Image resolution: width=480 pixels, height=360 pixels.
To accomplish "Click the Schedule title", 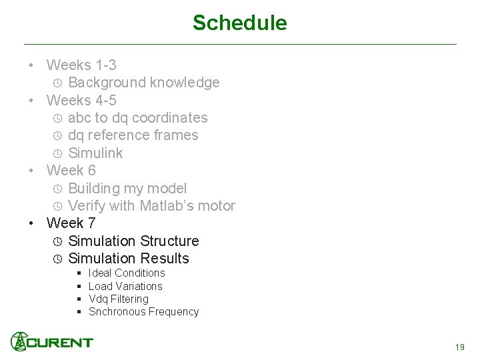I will click(x=239, y=23).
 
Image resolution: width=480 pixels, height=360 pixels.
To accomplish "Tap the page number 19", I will click(x=459, y=347).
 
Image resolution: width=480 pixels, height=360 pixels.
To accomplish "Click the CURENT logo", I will click(x=52, y=342).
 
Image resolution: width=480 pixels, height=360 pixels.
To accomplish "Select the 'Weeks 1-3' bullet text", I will click(x=81, y=65).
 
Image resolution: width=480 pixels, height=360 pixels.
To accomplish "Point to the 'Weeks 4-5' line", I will click(x=81, y=101).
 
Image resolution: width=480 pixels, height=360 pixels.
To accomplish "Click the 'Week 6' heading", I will click(x=71, y=171).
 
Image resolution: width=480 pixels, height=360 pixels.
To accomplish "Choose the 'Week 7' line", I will click(x=71, y=223).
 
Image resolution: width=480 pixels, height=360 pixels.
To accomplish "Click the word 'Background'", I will click(x=107, y=83).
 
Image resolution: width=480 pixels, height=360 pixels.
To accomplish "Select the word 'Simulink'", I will click(x=95, y=153).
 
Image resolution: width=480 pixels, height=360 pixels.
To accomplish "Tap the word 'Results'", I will click(x=165, y=259).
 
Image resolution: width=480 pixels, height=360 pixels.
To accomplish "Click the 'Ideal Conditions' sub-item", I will click(x=126, y=273).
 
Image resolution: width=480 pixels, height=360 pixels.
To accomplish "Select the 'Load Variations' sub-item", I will click(x=125, y=286).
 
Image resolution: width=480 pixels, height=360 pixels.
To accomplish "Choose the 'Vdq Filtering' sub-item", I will click(x=118, y=299).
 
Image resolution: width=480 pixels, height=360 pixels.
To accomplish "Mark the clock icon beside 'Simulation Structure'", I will click(x=57, y=241).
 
